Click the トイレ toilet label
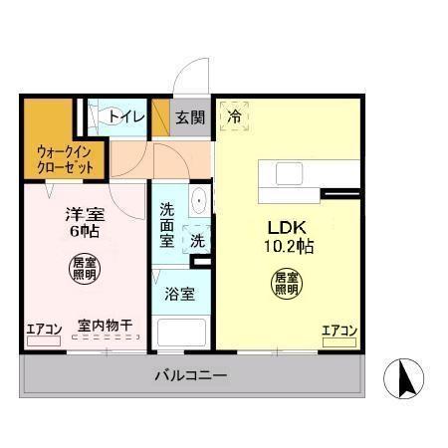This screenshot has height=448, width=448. point(125,116)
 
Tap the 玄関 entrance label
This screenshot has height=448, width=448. point(190,116)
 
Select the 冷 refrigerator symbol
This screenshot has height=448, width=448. point(235,115)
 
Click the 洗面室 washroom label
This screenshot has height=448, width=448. point(166,225)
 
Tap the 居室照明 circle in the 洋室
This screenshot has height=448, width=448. point(84,267)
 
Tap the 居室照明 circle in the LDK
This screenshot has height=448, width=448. point(287,282)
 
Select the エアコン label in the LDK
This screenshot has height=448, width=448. point(339,331)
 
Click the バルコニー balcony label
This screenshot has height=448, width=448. point(191,376)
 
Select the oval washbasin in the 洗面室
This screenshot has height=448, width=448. point(199,200)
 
